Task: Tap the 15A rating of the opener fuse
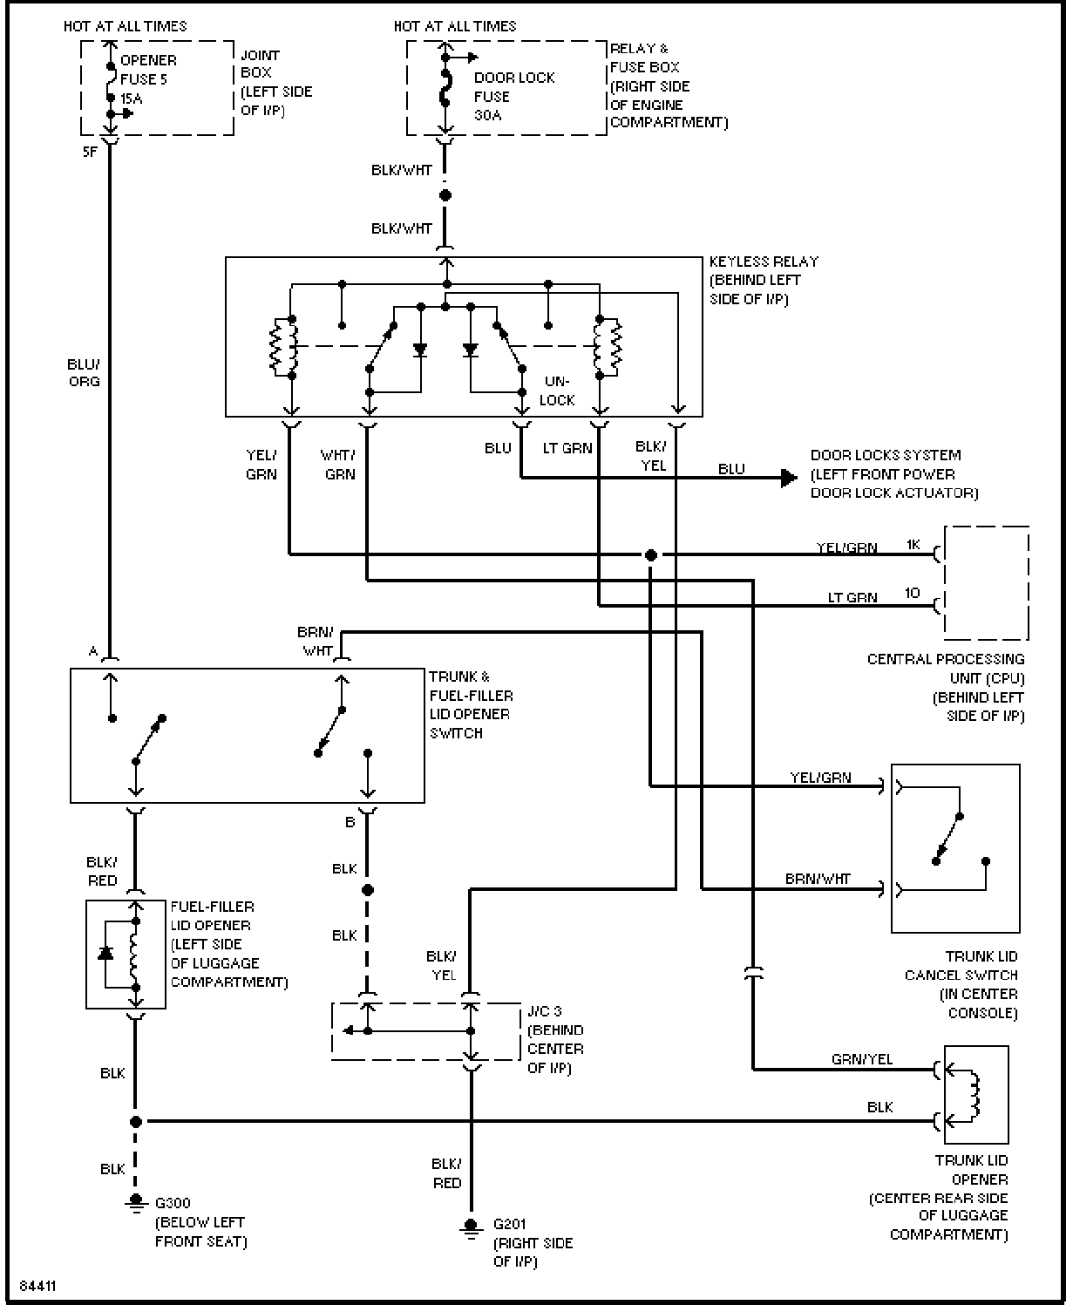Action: (x=132, y=99)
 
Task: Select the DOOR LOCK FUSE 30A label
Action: (x=514, y=97)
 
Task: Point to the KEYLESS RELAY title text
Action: (x=764, y=262)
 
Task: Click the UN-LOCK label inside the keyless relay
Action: (x=557, y=391)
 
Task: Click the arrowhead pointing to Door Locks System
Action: (x=789, y=478)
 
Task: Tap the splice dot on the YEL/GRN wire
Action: (x=650, y=555)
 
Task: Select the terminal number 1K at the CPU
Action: (x=913, y=545)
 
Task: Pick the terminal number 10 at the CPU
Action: (x=913, y=593)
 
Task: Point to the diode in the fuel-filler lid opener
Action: (x=105, y=953)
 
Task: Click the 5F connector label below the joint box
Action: (x=91, y=152)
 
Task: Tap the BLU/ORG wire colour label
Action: (x=85, y=372)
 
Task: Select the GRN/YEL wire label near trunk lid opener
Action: (x=862, y=1059)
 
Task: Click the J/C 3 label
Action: (x=545, y=1011)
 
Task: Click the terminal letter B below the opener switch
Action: (x=350, y=822)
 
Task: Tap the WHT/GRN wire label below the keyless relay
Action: (x=338, y=465)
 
